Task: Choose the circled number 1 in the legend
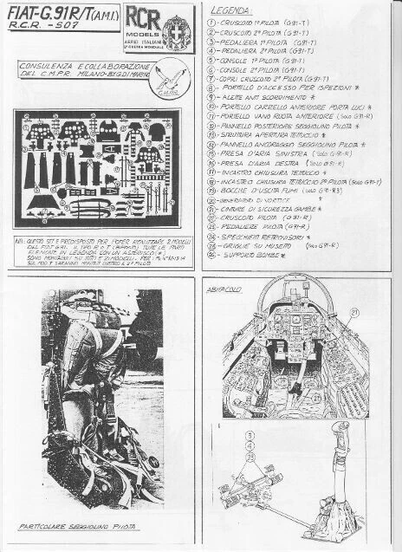214,21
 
